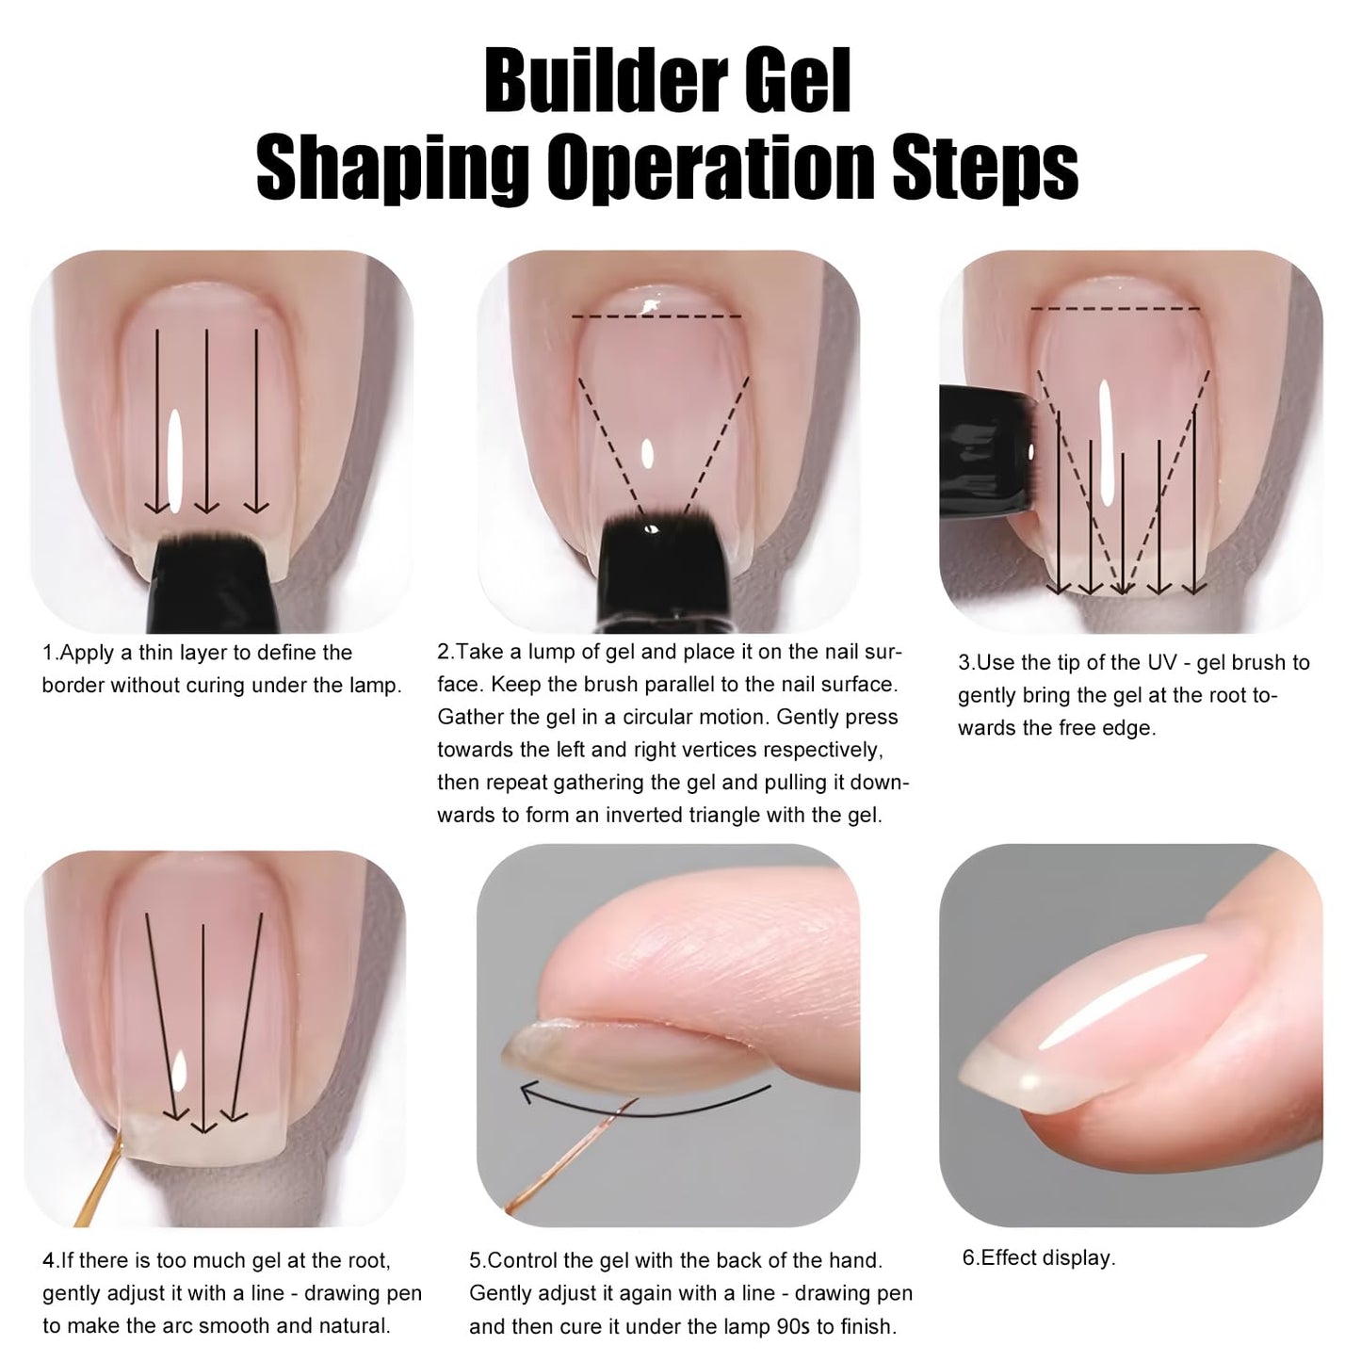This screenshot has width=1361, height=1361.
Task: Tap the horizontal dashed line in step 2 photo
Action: click(x=656, y=316)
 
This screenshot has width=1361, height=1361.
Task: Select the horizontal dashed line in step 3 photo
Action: click(x=1115, y=308)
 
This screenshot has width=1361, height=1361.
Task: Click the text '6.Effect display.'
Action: click(x=1038, y=1258)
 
